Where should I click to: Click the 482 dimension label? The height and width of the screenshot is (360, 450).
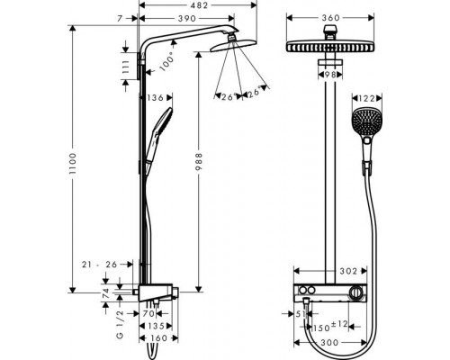click(x=199, y=5)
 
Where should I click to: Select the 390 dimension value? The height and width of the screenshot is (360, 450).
click(x=187, y=19)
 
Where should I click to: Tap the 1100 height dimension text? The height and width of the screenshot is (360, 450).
click(x=72, y=165)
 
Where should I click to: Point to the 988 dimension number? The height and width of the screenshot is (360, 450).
click(x=199, y=162)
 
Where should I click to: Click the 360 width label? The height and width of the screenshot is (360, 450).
click(x=330, y=18)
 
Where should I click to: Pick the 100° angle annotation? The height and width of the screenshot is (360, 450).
click(x=167, y=62)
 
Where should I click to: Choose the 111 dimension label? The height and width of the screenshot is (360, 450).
click(x=126, y=67)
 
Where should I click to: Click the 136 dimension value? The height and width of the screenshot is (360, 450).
click(x=155, y=98)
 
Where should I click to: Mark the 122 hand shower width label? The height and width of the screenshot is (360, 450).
click(x=367, y=98)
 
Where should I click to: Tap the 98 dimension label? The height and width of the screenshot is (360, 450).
click(x=330, y=75)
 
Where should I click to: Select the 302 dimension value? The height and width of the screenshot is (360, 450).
click(x=348, y=271)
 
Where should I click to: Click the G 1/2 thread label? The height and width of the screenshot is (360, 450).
click(x=120, y=325)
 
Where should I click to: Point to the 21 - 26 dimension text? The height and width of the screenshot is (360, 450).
click(x=99, y=265)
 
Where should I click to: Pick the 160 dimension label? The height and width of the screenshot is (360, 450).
click(x=158, y=338)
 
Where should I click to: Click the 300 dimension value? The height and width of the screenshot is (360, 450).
click(x=329, y=342)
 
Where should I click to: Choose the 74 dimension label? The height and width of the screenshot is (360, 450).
click(x=105, y=293)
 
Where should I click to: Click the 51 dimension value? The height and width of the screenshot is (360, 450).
click(x=300, y=314)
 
